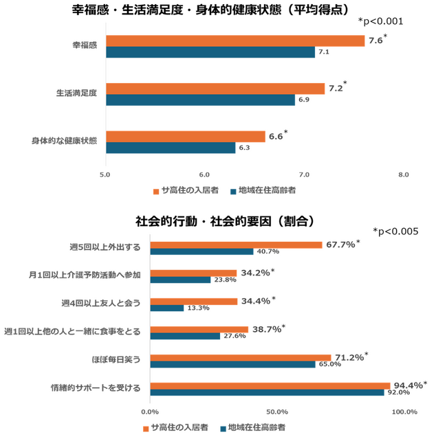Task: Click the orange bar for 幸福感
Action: tap(235, 41)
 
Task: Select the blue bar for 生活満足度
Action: tap(200, 100)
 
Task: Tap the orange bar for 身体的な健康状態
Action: tap(185, 136)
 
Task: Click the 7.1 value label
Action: tap(323, 52)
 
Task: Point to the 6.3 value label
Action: tap(244, 148)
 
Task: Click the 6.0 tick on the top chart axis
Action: tap(204, 174)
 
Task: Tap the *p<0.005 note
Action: tap(395, 231)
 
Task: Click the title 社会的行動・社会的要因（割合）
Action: tap(225, 221)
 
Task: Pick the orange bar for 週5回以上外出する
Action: tap(236, 245)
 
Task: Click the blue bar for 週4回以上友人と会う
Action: tap(166, 308)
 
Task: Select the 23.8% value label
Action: tap(225, 280)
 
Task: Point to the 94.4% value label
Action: tap(408, 385)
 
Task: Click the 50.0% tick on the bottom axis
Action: tap(276, 411)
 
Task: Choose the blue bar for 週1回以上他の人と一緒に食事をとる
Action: tap(184, 336)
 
